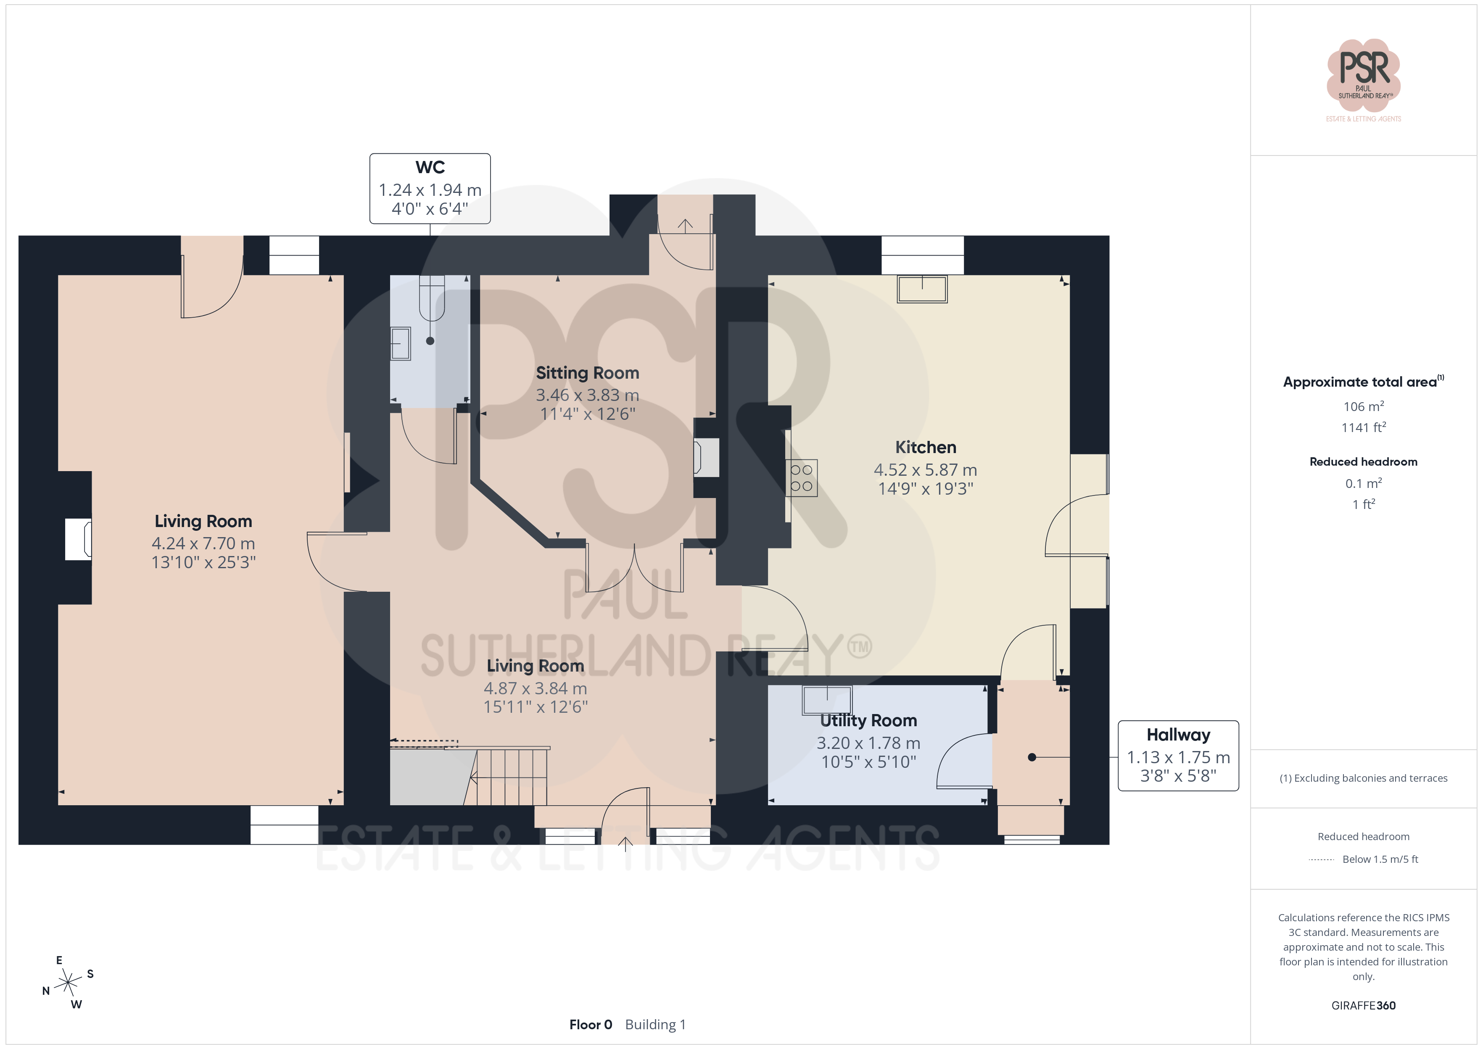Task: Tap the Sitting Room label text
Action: (587, 373)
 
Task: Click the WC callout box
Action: (430, 189)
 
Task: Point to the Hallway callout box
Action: (1178, 756)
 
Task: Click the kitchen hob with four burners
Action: (802, 478)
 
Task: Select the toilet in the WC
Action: (431, 298)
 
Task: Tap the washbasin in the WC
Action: (401, 343)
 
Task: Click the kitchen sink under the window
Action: (922, 289)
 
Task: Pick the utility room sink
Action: (827, 700)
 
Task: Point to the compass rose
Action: (68, 983)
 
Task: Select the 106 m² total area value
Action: (1364, 406)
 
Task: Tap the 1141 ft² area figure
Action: (1364, 427)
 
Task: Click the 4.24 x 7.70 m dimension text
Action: (203, 543)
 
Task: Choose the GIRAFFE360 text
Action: (1364, 1006)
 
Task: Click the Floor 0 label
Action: (590, 1025)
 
